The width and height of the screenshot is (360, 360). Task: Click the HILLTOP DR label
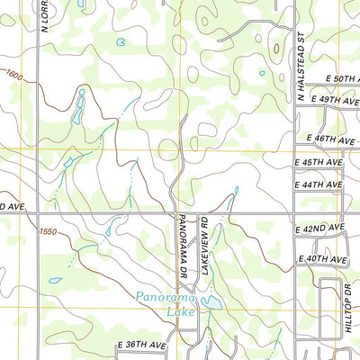[x=347, y=308]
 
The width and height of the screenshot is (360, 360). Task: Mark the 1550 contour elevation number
[x=48, y=231]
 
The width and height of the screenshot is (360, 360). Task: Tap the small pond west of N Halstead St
[x=263, y=73]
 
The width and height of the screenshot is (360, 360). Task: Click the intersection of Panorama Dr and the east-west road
[x=177, y=213]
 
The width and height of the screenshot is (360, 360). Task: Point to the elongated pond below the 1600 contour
[x=79, y=105]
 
